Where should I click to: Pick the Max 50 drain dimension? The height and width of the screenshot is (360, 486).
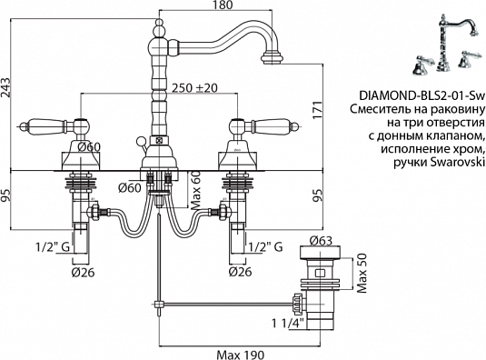coord(360,269)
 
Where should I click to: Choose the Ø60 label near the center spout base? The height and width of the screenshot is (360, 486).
coord(130,187)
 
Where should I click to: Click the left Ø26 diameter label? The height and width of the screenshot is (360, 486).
coord(83,270)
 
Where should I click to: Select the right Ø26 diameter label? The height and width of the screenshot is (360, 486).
coord(240,270)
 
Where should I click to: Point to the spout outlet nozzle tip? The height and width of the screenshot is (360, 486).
coord(271,62)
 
